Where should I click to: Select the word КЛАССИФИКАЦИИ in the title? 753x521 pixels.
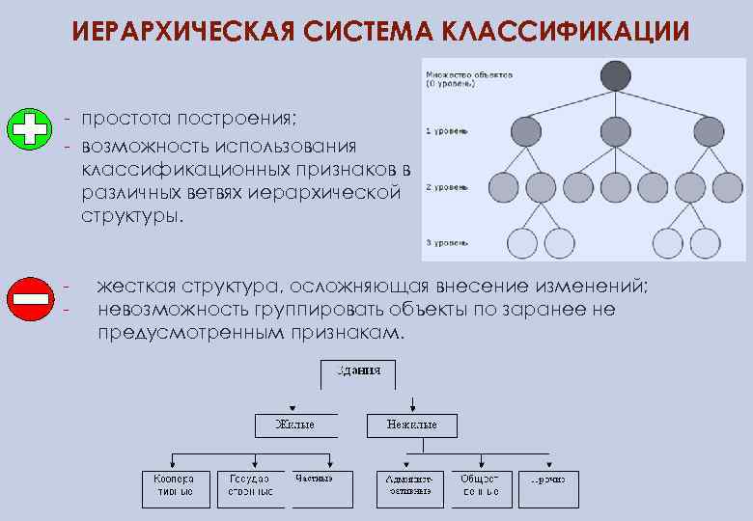point(563,32)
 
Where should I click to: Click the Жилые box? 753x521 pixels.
point(294,425)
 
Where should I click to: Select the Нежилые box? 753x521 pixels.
point(412,425)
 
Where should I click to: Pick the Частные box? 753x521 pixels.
point(315,480)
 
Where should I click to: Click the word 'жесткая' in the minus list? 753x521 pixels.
point(139,288)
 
